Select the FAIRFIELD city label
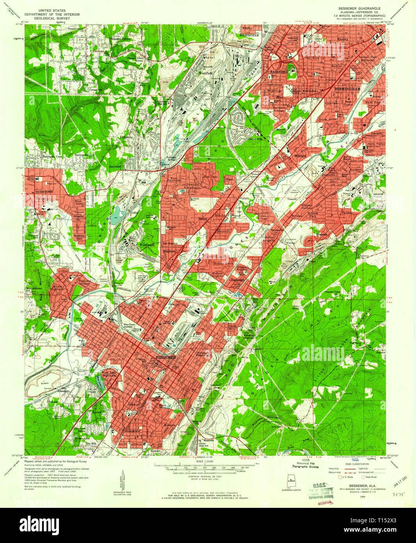(279, 72)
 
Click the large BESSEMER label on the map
(166, 357)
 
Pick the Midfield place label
(300, 155)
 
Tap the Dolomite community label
(126, 138)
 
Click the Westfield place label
(206, 73)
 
